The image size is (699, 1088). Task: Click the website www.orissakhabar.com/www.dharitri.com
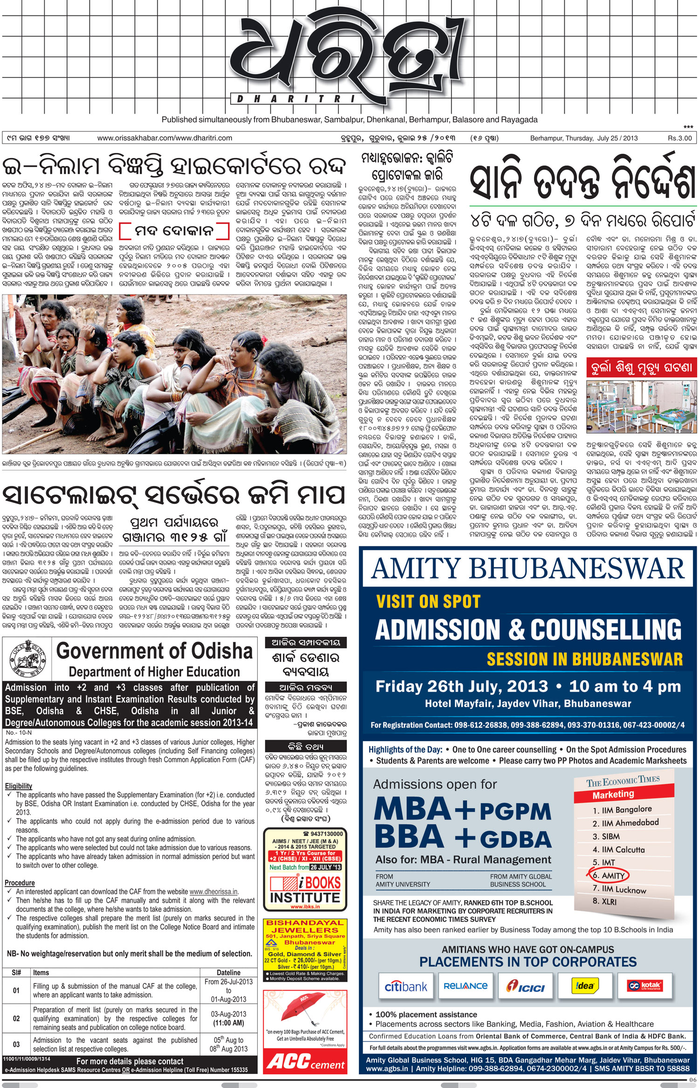(x=164, y=138)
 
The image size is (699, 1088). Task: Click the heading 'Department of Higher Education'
(x=154, y=672)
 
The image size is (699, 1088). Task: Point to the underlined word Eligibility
(x=19, y=786)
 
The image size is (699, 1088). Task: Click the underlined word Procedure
(x=20, y=882)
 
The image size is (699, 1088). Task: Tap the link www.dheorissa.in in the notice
(x=214, y=891)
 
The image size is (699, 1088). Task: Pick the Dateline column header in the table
(x=228, y=972)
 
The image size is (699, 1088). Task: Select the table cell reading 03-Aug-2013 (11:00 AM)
(x=228, y=1019)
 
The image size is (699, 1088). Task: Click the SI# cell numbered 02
(x=16, y=1019)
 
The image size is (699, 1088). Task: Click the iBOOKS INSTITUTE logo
(x=305, y=890)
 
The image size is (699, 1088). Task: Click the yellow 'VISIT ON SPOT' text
(x=428, y=601)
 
